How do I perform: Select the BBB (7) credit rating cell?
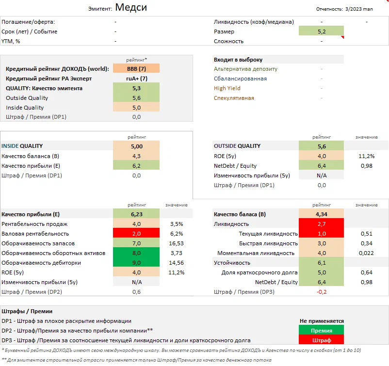[x=136, y=69]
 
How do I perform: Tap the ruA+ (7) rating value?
[x=136, y=79]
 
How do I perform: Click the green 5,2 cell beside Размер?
[x=321, y=32]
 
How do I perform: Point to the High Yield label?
[x=227, y=88]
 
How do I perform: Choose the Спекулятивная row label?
[x=234, y=98]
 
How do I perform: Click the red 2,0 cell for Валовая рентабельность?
[x=136, y=233]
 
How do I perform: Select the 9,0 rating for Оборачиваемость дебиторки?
[x=136, y=262]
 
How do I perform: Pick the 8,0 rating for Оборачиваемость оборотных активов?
[x=136, y=253]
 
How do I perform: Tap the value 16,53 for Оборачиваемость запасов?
[x=177, y=243]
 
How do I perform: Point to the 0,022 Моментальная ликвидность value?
[x=366, y=253]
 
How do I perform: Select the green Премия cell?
[x=322, y=331]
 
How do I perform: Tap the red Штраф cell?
[x=322, y=340]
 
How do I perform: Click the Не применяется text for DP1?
[x=322, y=321]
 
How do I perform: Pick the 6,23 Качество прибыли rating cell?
[x=136, y=214]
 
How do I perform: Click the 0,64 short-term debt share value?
[x=366, y=272]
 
